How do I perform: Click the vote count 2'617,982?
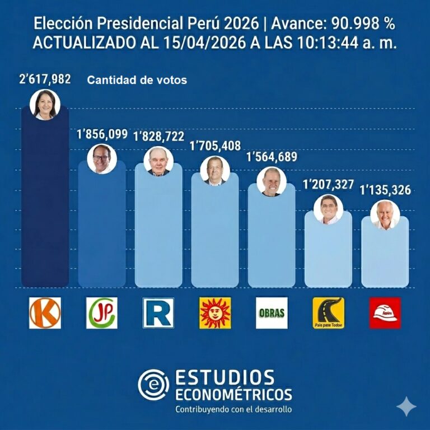coord(45,80)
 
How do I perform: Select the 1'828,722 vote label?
coord(158,137)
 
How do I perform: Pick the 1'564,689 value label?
coord(272,157)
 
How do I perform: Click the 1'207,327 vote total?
coord(329,185)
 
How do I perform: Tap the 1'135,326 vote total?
coord(385,190)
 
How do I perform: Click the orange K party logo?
coord(45,313)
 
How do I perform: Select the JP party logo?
coord(102,313)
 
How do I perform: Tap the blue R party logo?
coord(158,313)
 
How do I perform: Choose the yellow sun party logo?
coord(215,313)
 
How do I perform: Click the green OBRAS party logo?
coord(272,313)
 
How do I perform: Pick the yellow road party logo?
coord(329,313)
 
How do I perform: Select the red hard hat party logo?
coord(385,313)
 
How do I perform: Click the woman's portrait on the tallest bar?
coord(45,105)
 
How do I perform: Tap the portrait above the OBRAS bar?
coord(272,182)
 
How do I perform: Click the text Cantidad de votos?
coord(137,81)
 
